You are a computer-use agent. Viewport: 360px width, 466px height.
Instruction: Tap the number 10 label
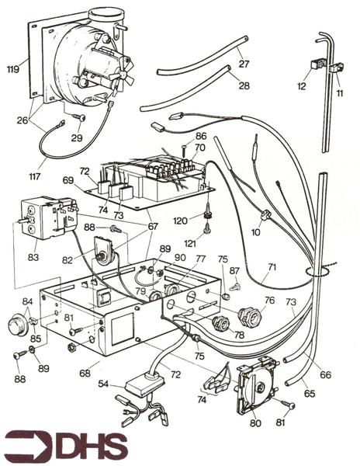[255, 231]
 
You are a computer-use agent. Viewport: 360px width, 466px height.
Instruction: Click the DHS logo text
[85, 445]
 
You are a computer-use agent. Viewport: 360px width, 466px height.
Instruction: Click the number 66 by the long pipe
[326, 374]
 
